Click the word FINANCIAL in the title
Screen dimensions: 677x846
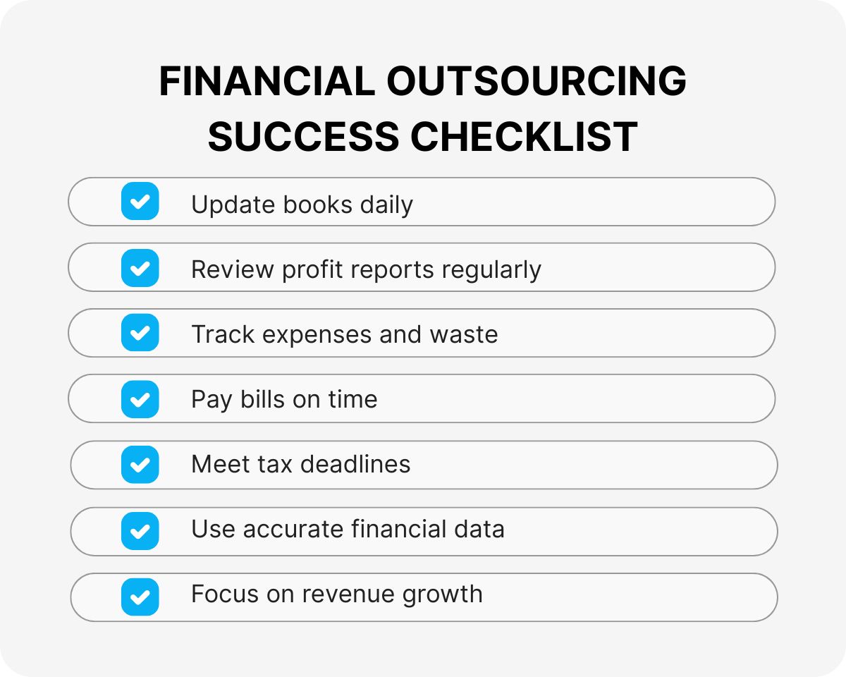point(266,81)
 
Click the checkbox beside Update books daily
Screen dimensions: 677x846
point(140,202)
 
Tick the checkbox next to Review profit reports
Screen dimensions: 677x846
point(140,268)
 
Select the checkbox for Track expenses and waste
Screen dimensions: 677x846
point(140,333)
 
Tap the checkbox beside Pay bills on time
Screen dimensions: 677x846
point(140,399)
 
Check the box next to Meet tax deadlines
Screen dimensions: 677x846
point(140,465)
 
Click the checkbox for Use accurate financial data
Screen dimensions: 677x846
point(140,530)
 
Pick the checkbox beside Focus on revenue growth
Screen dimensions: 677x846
point(140,597)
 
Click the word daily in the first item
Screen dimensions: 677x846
point(386,205)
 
